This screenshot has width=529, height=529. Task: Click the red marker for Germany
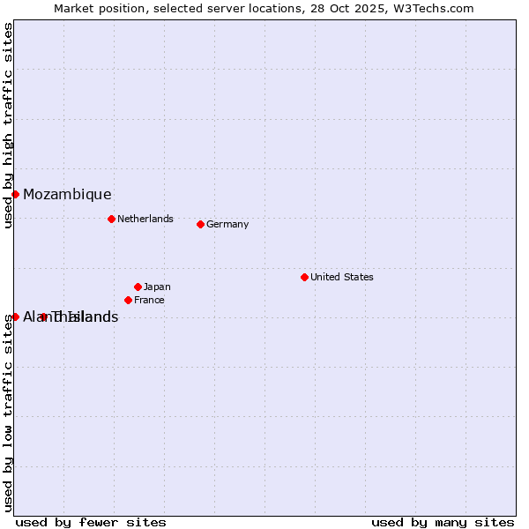pyautogui.click(x=200, y=224)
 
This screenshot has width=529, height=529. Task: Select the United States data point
pyautogui.click(x=304, y=277)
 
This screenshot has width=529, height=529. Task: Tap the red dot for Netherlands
pyautogui.click(x=111, y=219)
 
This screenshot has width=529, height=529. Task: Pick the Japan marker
pyautogui.click(x=138, y=287)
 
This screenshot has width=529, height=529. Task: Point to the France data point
pyautogui.click(x=128, y=300)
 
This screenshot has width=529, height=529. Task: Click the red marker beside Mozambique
pyautogui.click(x=15, y=194)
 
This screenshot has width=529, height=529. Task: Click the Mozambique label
pyautogui.click(x=67, y=195)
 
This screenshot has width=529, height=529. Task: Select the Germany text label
pyautogui.click(x=227, y=224)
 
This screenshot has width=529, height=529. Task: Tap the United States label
pyautogui.click(x=342, y=277)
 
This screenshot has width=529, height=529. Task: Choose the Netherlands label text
pyautogui.click(x=145, y=219)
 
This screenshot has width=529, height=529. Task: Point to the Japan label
pyautogui.click(x=157, y=287)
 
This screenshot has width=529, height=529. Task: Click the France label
pyautogui.click(x=149, y=300)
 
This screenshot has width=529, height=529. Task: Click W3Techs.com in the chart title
pyautogui.click(x=434, y=8)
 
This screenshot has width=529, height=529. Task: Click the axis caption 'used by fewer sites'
pyautogui.click(x=91, y=522)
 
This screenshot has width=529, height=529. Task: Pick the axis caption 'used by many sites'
pyautogui.click(x=443, y=522)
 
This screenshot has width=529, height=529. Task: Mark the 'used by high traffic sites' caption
pyautogui.click(x=8, y=125)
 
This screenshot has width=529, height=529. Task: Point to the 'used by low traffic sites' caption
pyautogui.click(x=8, y=413)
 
